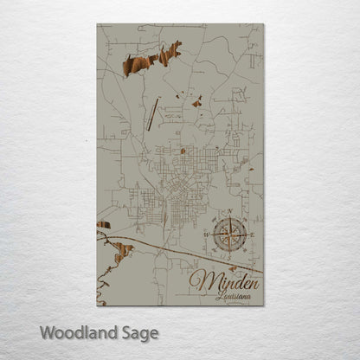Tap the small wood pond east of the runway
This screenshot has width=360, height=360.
pyautogui.click(x=197, y=103)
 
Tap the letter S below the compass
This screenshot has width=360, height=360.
pyautogui.click(x=230, y=254)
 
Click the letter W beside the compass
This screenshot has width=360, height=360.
pyautogui.click(x=206, y=233)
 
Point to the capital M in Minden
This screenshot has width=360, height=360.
pyautogui.click(x=201, y=280)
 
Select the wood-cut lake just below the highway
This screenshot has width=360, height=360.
pyautogui.click(x=122, y=251)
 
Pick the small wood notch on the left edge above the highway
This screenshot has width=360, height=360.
pyautogui.click(x=103, y=225)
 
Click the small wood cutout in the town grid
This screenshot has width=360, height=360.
pyautogui.click(x=183, y=151)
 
